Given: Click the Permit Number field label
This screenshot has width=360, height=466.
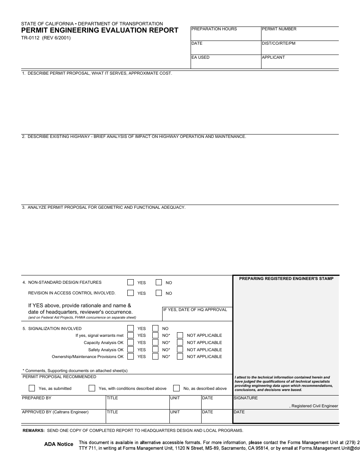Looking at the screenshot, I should [279, 29].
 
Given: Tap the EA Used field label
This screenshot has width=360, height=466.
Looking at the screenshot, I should [200, 58].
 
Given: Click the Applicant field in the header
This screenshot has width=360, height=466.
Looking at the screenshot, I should [300, 63].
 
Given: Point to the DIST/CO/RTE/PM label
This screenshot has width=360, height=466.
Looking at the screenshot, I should [279, 44].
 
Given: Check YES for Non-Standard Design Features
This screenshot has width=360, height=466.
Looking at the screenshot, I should [130, 282].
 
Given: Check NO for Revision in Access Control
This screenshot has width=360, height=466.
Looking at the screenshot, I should [159, 293].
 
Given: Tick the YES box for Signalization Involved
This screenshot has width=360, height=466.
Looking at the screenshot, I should [130, 328].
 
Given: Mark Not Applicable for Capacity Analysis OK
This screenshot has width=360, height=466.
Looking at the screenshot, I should [180, 342].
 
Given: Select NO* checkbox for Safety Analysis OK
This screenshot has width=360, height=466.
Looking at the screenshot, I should [155, 350].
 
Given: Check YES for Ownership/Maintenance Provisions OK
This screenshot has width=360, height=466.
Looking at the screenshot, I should [130, 357].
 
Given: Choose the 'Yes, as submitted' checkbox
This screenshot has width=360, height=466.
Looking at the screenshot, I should [32, 388].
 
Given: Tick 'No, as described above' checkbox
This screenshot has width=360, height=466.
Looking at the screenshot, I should [176, 388].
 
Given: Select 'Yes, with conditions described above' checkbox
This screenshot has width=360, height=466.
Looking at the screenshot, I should [92, 388].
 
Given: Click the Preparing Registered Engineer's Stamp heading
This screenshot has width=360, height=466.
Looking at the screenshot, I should [286, 279].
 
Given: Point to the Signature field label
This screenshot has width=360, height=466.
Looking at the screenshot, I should [246, 398].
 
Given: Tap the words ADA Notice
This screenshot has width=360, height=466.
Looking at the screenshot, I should [59, 444].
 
